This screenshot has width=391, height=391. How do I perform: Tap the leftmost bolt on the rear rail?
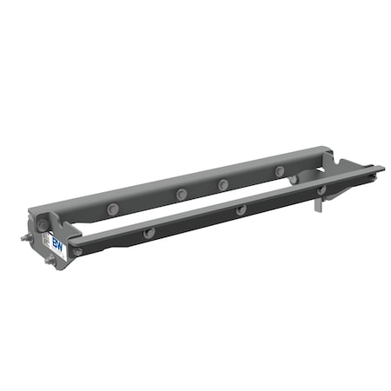113,209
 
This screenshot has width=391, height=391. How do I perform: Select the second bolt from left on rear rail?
181,194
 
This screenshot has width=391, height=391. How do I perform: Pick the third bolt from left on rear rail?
223,184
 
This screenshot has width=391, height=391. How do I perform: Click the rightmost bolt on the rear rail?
280,171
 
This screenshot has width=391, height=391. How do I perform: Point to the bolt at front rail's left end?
78,251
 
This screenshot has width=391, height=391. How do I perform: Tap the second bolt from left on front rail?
149,232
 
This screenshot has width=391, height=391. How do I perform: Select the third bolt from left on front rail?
241,209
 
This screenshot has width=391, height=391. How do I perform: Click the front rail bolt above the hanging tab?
321,189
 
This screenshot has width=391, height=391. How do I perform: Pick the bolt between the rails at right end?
294,180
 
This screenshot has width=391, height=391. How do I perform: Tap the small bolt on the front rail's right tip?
374,174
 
